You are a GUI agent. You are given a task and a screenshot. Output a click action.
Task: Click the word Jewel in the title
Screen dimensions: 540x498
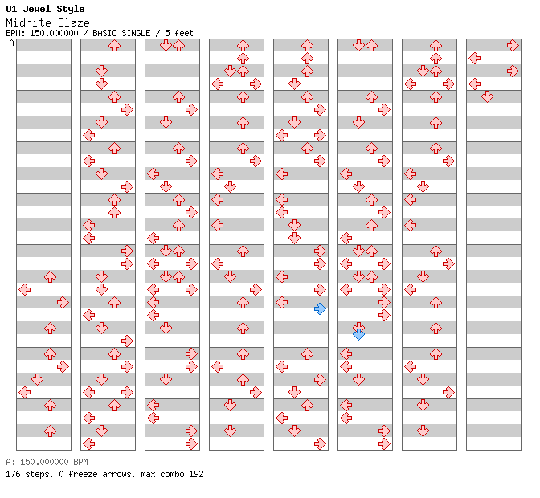pos(36,9)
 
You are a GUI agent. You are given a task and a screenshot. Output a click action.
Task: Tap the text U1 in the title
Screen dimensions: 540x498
pos(11,9)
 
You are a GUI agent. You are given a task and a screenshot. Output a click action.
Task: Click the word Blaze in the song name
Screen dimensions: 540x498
pos(74,23)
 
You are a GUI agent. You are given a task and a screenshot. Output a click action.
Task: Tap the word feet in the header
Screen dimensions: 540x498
pos(184,33)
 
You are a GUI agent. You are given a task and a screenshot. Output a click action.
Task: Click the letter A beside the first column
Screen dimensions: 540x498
pos(12,43)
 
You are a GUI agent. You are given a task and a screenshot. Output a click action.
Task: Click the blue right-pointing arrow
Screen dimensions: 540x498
pos(321,308)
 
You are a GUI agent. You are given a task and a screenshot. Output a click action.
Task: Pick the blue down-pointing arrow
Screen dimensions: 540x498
pos(359,334)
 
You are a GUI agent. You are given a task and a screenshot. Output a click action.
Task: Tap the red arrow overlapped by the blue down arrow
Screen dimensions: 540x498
pos(359,326)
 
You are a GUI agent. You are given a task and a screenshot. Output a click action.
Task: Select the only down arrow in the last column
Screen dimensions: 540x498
pos(487,96)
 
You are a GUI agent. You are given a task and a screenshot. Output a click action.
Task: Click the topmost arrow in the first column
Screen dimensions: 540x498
pos(51,276)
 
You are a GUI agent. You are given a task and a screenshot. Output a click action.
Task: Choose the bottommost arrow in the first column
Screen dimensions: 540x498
pos(51,431)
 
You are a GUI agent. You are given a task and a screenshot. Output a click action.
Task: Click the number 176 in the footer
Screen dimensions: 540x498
pos(13,474)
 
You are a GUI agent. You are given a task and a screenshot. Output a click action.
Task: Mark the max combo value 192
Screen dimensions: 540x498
pos(196,474)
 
